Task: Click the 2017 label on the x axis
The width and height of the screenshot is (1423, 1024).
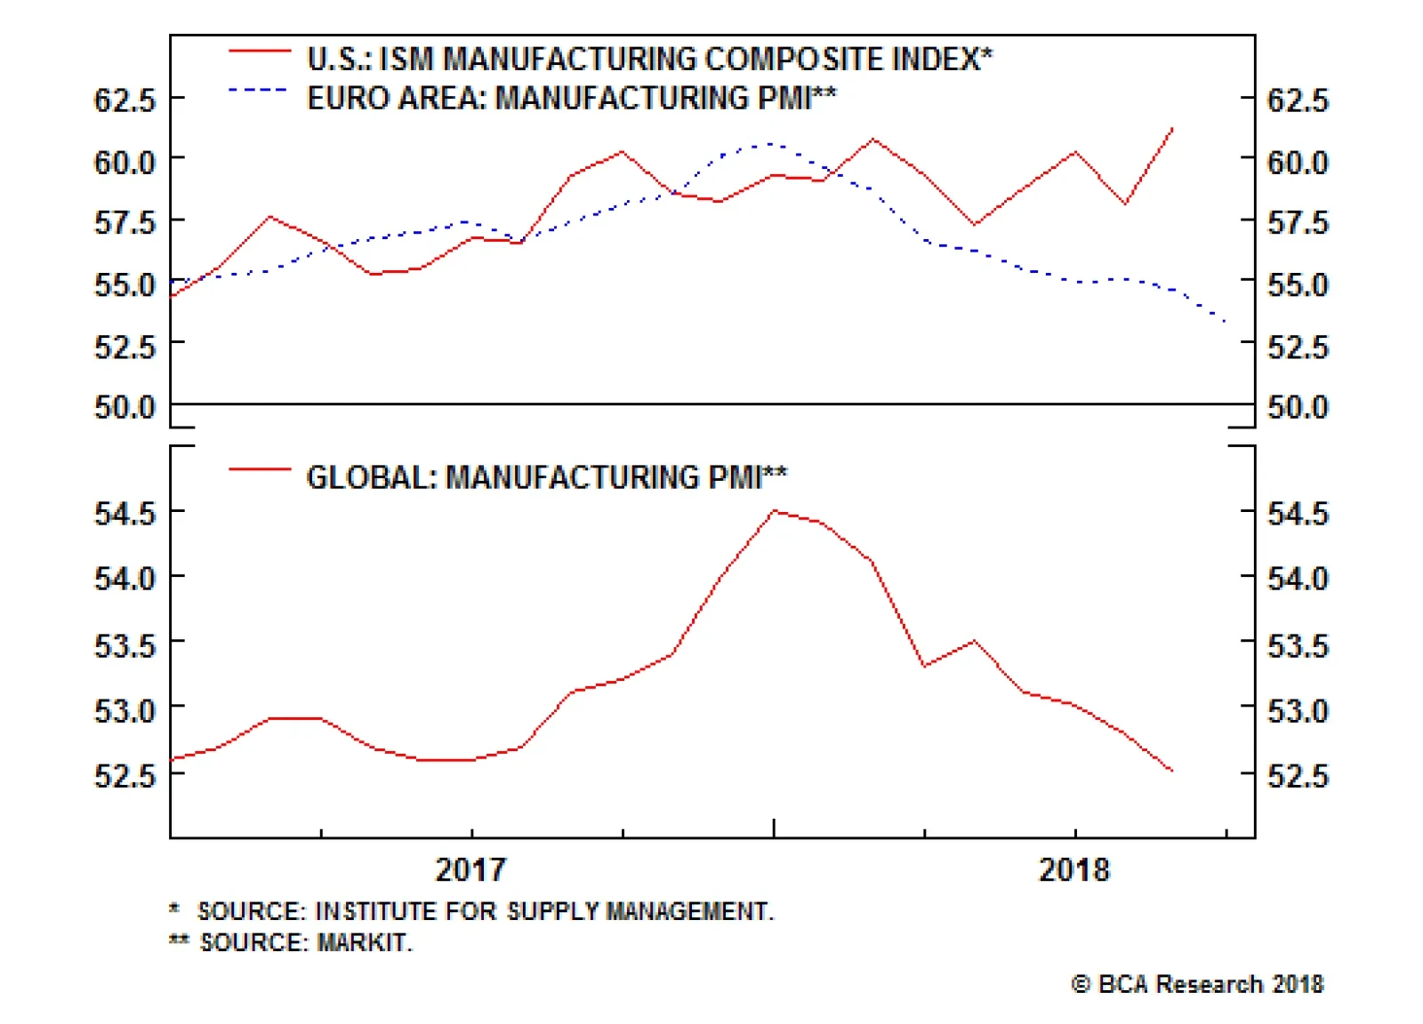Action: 470,868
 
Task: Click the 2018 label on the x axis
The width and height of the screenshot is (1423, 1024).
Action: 1074,868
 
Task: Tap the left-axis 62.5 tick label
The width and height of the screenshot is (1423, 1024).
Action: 125,100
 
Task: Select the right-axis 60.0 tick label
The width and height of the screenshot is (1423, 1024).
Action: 1298,162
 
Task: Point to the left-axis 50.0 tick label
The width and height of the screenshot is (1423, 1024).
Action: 125,407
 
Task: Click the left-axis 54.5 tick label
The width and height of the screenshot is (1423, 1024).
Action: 125,513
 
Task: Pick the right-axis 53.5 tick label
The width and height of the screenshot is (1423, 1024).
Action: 1298,644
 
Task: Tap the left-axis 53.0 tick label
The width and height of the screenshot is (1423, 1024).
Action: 125,710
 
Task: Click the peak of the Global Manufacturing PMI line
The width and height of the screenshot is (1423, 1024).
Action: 775,511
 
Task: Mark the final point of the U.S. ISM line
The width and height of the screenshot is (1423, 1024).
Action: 1172,129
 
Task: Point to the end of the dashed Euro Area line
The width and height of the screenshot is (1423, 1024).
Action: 1227,322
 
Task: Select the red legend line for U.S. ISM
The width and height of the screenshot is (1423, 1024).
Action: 259,52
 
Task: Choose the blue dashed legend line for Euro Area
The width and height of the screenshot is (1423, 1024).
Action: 259,90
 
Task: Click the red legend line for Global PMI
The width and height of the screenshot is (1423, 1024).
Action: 259,469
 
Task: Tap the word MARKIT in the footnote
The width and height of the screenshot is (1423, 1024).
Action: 365,942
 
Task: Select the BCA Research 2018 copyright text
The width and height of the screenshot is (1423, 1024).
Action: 1197,984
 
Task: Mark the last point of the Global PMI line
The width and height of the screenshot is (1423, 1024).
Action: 1172,771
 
